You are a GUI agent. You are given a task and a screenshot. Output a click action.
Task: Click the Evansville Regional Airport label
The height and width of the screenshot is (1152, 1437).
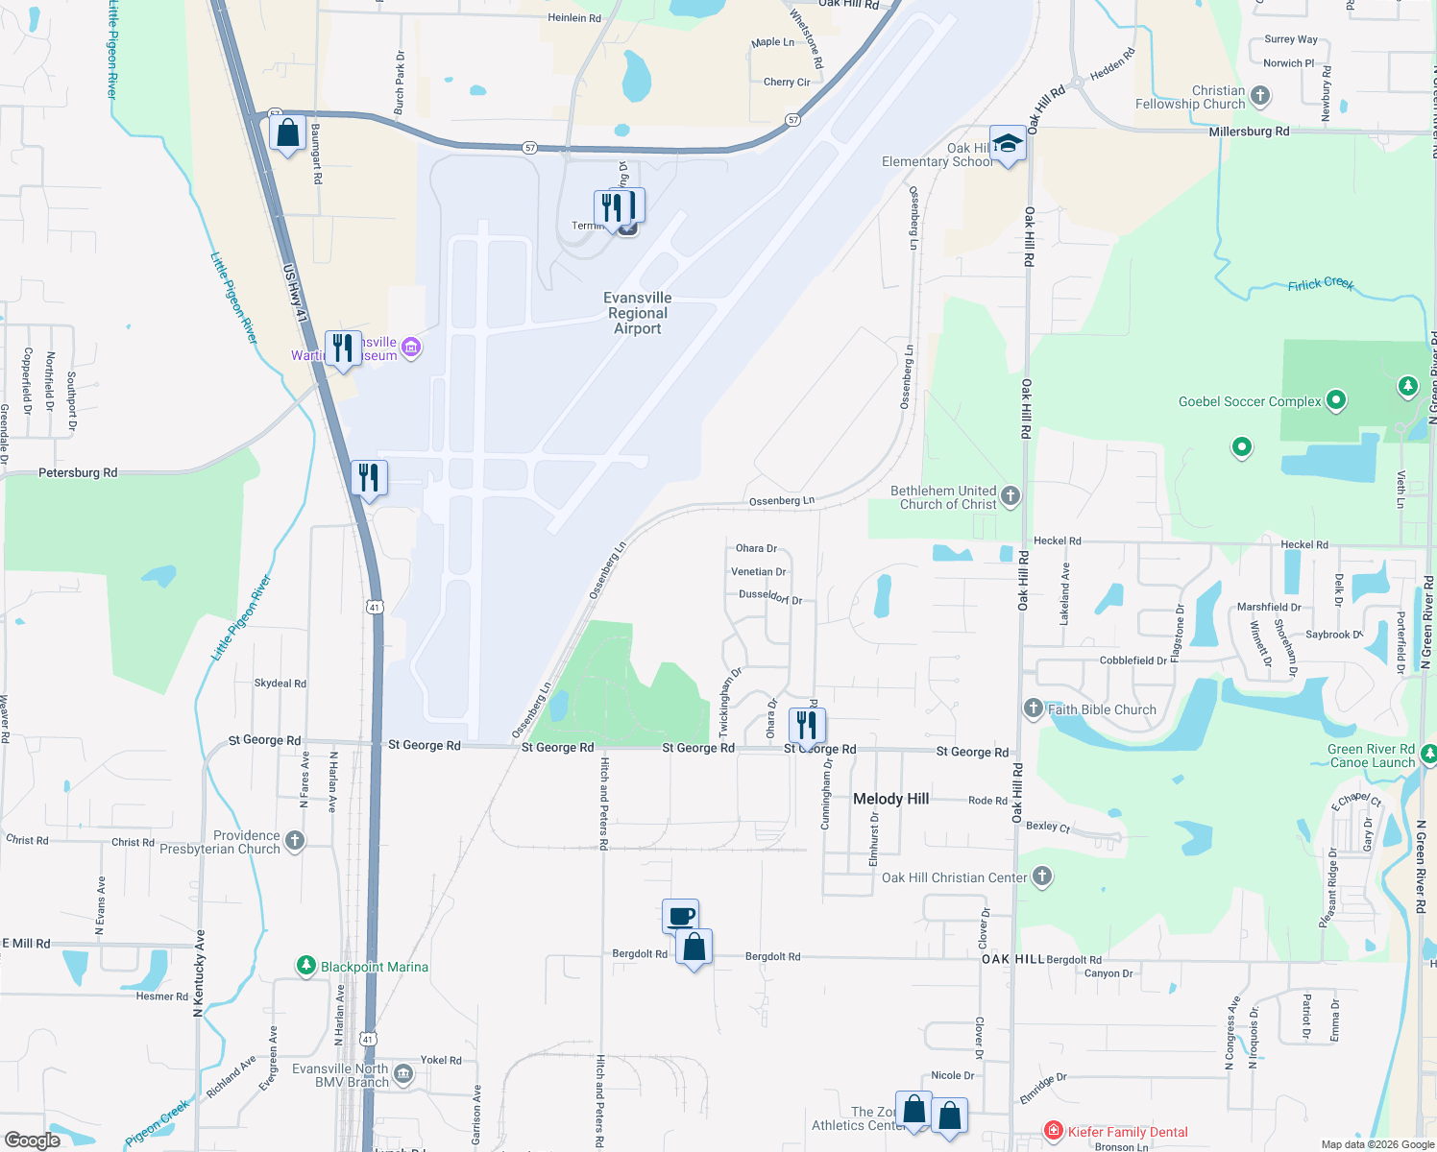coord(638,313)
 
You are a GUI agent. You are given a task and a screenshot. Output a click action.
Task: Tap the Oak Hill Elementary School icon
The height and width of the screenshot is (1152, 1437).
coord(1007,145)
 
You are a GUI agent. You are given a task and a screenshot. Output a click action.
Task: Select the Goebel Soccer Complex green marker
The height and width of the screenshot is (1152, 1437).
coord(1335,399)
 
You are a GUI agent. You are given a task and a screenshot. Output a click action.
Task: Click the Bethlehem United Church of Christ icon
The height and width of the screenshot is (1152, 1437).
coord(1011,495)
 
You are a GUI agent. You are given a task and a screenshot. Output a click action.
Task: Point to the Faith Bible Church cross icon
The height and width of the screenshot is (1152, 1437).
coord(1033,708)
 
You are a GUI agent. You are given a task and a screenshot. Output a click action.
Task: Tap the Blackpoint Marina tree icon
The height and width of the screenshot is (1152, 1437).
coord(306,966)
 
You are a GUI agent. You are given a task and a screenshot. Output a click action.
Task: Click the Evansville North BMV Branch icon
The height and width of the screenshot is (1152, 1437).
coord(403,1073)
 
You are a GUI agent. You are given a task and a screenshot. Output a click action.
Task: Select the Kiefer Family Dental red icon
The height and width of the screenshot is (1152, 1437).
coord(1054,1131)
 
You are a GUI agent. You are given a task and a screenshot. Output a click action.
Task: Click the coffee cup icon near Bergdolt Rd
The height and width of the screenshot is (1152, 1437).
coord(681,916)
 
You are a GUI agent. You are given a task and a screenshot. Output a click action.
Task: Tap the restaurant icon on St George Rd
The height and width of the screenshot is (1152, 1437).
coord(807,724)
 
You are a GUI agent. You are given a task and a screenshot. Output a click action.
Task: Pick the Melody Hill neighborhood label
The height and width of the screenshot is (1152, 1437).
coord(890,799)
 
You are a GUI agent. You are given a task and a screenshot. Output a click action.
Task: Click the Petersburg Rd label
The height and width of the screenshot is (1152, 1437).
coord(78,472)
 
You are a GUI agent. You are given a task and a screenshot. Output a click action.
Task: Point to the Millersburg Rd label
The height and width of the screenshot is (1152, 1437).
coord(1249,132)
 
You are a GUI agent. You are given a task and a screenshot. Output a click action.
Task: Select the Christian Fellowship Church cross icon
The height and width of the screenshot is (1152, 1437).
coord(1260,96)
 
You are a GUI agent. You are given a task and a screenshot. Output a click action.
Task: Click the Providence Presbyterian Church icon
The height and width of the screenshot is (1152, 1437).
coord(295,841)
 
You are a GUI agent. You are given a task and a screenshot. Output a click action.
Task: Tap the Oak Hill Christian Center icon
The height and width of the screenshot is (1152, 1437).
coord(1041,876)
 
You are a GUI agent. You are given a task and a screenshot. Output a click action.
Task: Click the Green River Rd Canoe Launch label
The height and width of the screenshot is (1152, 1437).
coord(1372,756)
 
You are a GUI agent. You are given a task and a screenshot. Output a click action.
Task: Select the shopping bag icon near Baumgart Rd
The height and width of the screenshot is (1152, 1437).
coord(287,133)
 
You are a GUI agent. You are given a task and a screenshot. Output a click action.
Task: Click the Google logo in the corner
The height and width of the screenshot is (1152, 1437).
coord(33,1140)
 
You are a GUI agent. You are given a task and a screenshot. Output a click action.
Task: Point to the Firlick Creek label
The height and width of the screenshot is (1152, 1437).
coord(1321,284)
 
